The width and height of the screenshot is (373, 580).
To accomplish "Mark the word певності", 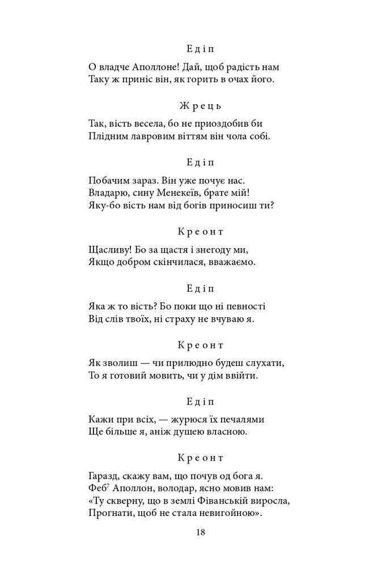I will point(246,306).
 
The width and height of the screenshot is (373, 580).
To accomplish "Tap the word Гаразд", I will point(104,476).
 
